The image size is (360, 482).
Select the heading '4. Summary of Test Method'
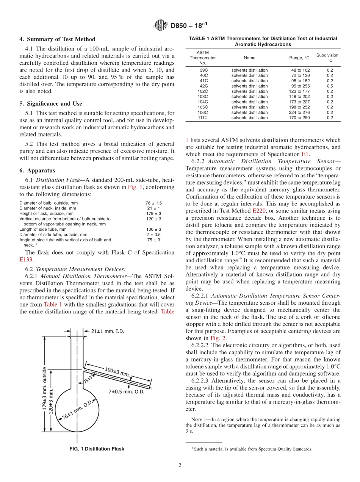pos(57,39)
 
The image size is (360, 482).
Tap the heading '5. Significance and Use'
pos(50,103)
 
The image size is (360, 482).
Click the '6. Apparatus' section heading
pos(37,171)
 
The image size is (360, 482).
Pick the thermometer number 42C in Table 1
pos(203,86)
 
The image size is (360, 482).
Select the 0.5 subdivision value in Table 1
pos(330,86)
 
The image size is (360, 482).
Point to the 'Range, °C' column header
pos(299,58)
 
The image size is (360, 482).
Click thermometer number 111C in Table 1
pos(203,117)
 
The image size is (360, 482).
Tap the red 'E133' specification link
pos(26,260)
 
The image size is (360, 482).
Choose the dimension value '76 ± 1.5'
pos(153,203)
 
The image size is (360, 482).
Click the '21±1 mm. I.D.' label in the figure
pos(107,331)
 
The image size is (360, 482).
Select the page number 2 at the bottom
pos(180,465)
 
